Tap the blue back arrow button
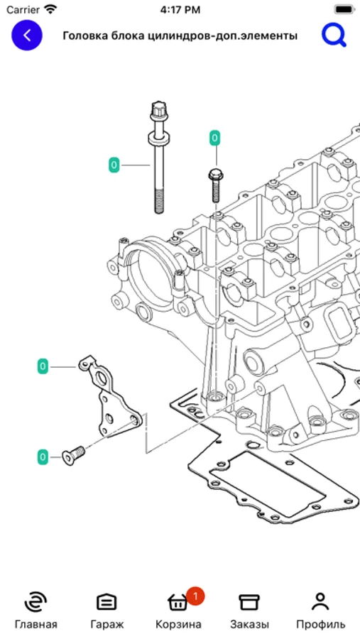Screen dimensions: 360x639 point(27,36)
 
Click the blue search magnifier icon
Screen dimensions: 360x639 point(334,35)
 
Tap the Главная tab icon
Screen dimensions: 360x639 point(36,602)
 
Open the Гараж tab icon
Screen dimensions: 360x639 point(107,602)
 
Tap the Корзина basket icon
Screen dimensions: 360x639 point(178,602)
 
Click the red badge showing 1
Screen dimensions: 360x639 point(195,596)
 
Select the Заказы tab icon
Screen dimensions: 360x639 point(249,602)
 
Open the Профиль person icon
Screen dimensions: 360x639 point(320,602)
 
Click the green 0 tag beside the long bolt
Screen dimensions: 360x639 point(114,165)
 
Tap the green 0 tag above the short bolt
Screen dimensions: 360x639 point(214,138)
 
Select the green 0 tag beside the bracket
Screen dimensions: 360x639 point(43,367)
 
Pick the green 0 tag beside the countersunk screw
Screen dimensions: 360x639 point(43,457)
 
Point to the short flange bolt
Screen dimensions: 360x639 point(216,185)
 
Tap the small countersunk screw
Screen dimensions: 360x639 point(73,455)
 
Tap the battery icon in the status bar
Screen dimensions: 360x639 point(344,9)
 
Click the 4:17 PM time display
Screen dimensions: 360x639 point(180,9)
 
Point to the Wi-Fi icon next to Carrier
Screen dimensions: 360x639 point(51,9)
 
